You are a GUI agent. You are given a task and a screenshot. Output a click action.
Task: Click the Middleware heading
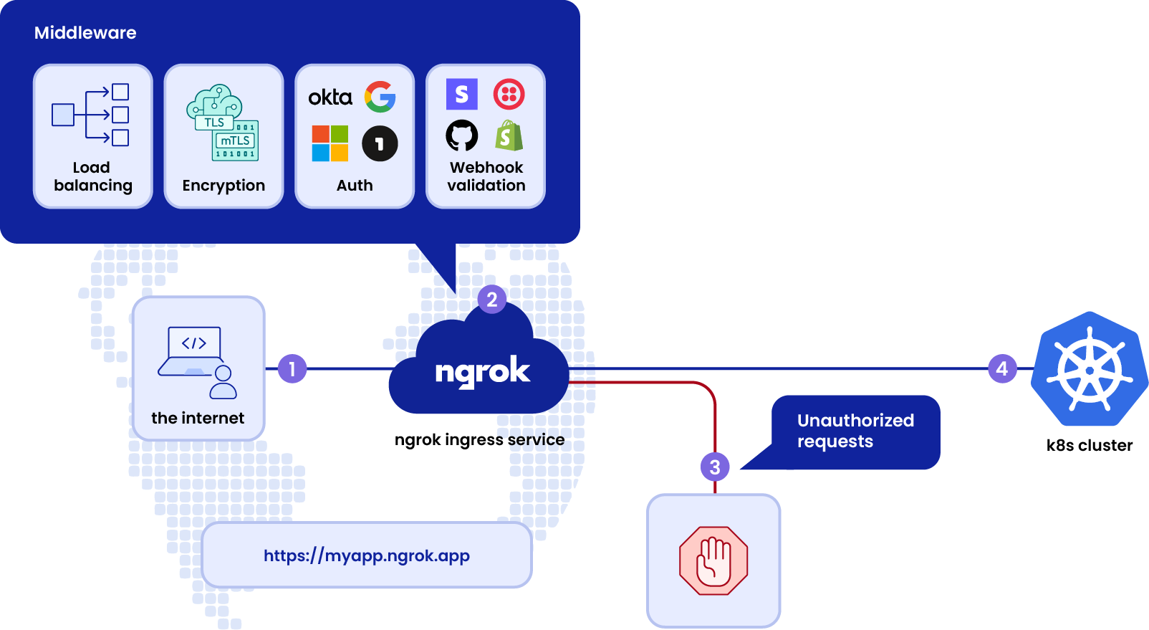(x=85, y=33)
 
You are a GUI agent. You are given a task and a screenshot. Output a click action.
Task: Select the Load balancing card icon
(x=91, y=115)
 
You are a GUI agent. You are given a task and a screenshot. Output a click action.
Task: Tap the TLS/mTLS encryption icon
(x=223, y=123)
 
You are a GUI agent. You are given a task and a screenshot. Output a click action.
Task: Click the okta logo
(x=330, y=97)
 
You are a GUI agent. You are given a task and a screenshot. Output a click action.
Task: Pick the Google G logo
(x=380, y=97)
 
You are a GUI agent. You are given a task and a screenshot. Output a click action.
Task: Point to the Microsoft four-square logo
(x=330, y=143)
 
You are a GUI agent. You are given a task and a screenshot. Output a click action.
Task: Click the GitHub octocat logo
(x=462, y=135)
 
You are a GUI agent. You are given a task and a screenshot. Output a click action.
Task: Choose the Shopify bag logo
(x=509, y=135)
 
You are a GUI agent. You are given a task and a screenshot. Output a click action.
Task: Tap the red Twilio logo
(x=509, y=94)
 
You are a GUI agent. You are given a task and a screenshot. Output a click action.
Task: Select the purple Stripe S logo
(x=462, y=94)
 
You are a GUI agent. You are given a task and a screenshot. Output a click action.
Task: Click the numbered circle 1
(x=292, y=369)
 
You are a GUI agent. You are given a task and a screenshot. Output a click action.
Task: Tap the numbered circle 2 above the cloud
(x=492, y=300)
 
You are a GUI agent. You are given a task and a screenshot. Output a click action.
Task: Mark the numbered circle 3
(x=715, y=467)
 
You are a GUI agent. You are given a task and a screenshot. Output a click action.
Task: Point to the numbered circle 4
(x=1002, y=369)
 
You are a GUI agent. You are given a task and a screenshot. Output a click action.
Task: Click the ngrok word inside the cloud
(x=482, y=372)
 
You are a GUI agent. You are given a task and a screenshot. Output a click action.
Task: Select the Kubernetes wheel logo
(x=1090, y=370)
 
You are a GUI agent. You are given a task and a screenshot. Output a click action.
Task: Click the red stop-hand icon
(x=713, y=561)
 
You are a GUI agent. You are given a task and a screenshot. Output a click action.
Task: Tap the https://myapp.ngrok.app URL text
(x=367, y=555)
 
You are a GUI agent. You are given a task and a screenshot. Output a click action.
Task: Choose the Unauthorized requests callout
(x=855, y=431)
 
